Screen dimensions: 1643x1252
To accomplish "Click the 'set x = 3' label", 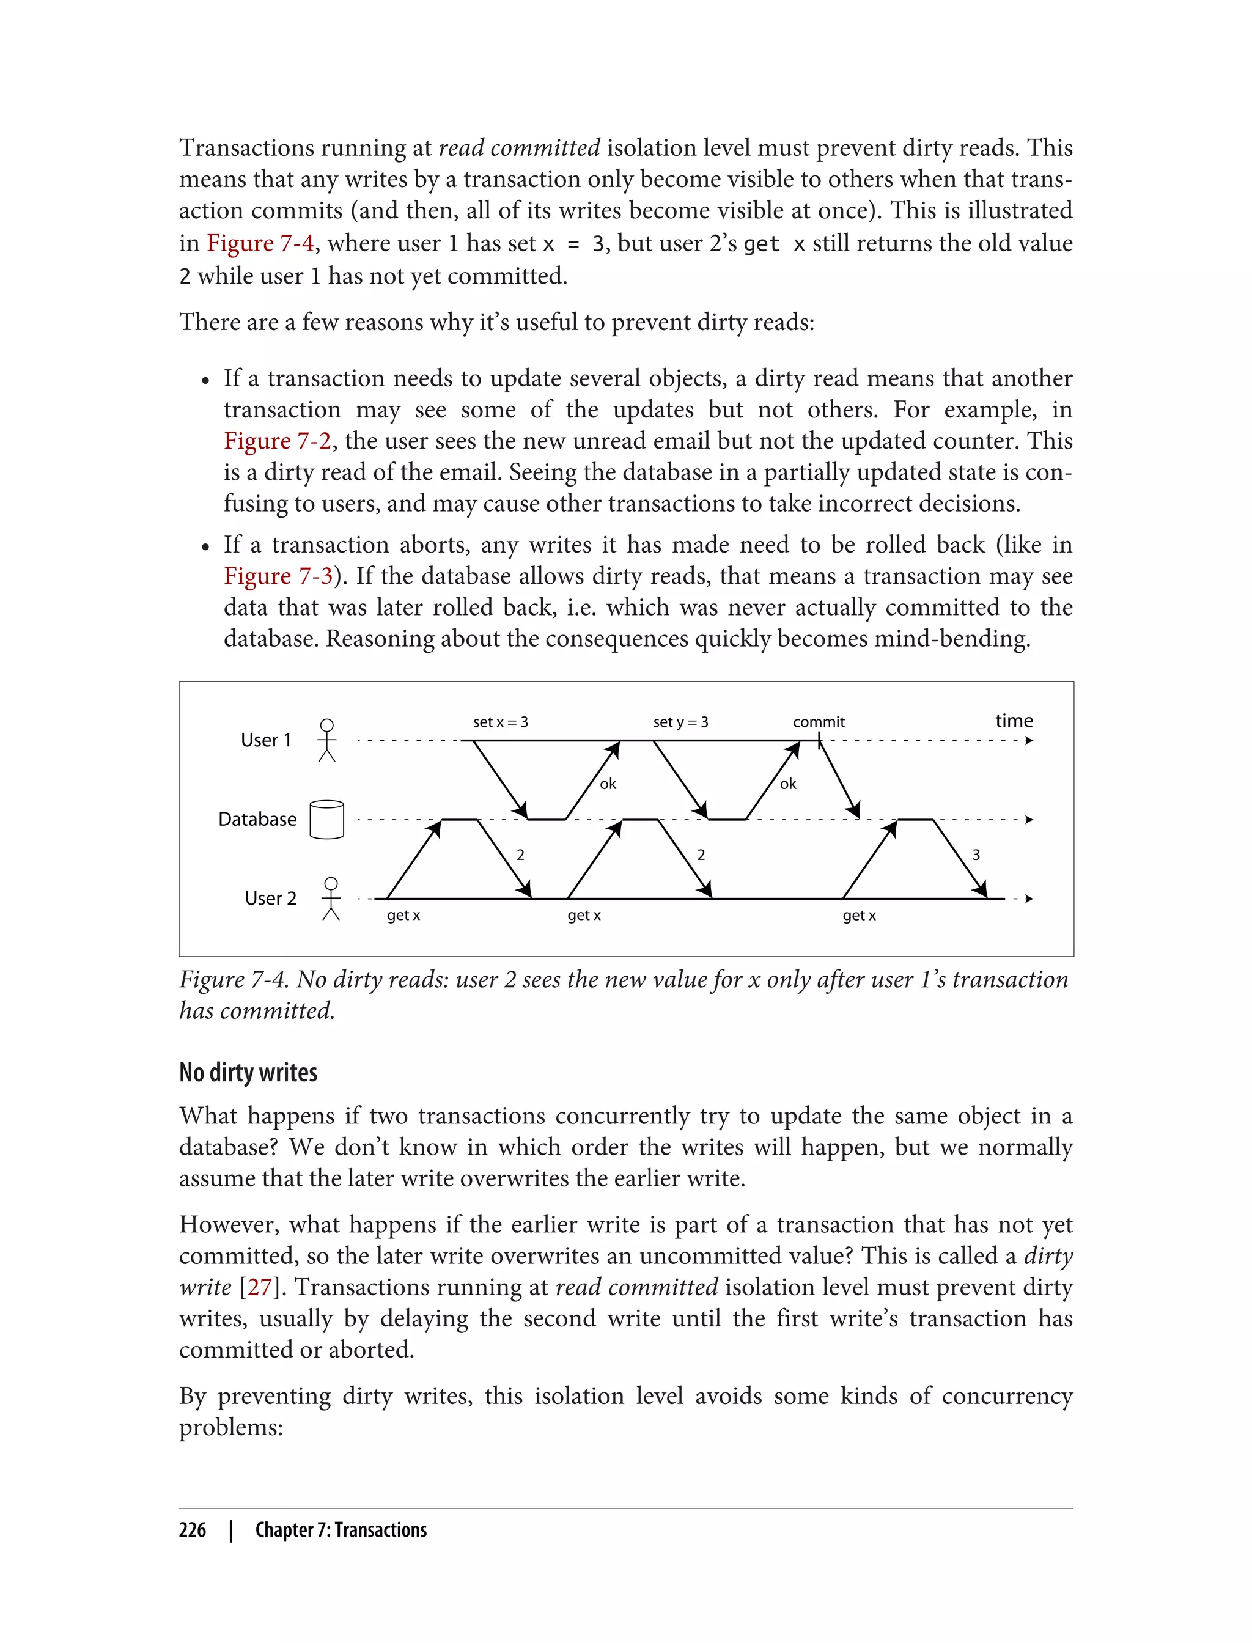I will coord(500,722).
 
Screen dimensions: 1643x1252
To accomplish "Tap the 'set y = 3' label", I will coord(680,722).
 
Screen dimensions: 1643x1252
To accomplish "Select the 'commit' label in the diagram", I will coord(819,722).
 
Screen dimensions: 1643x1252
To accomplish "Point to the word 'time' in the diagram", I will coord(1014,721).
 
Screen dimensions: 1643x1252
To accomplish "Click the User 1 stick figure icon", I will coord(326,740).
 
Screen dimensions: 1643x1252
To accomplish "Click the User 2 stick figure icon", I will coord(331,899).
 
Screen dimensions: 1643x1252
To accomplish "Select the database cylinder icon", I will coord(326,820).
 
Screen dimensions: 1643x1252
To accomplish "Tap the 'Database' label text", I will coord(257,820).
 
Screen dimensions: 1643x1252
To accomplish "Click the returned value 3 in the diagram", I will coord(976,855).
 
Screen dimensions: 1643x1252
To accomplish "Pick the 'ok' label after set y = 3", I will coord(788,784).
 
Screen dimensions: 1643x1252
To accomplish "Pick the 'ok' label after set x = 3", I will coord(608,784).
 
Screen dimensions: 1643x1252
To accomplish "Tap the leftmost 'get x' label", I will coord(403,916).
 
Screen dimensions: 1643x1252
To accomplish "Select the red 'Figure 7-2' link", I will coord(277,441).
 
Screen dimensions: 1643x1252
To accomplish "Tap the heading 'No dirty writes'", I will coord(248,1072).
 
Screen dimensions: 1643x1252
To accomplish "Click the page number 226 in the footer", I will coord(193,1530).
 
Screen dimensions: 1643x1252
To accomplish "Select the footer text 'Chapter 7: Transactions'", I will coord(341,1530).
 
